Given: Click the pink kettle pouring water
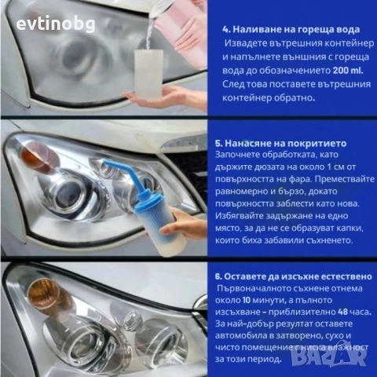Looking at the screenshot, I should click(181, 24).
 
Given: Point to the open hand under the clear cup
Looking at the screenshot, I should click(161, 99).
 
